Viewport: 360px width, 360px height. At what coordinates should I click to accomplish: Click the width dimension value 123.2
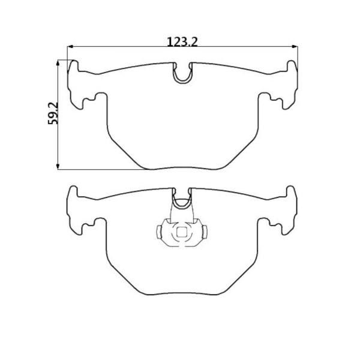point(182,41)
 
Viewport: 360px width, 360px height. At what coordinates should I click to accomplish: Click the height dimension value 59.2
point(53,113)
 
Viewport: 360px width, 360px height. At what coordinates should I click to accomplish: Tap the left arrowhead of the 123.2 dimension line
point(70,46)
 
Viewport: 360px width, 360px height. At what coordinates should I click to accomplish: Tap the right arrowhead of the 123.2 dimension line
point(295,46)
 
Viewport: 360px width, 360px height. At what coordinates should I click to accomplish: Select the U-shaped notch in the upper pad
point(182,74)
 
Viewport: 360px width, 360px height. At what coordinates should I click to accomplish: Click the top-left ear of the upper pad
point(73,67)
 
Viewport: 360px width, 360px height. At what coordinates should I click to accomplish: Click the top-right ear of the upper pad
point(292,67)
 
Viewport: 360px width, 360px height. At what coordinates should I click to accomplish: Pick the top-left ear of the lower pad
point(73,193)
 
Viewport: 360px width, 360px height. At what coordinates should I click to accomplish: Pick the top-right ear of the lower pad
point(292,193)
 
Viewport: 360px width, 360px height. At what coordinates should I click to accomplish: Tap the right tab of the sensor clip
point(204,231)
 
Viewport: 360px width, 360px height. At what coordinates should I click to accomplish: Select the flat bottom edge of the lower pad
point(182,295)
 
